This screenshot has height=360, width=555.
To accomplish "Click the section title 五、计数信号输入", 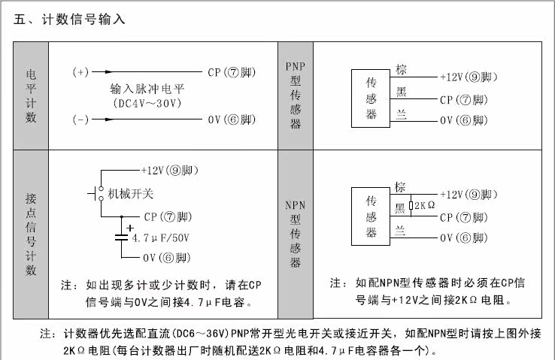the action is pos(69,19).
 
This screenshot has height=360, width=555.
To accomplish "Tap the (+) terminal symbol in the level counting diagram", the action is pos(80,72).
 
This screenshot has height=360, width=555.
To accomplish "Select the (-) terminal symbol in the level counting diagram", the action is pos(80,119).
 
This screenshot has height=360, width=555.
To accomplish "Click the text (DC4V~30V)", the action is pos(147,103).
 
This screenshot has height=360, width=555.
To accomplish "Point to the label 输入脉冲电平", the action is pos(147,89).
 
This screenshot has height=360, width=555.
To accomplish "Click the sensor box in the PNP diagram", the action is pos(371,98).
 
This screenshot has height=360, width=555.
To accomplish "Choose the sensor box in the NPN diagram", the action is pos(371,216).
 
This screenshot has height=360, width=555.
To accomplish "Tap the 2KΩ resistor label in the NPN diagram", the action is pos(424,205).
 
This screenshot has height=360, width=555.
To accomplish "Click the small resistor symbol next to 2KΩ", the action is pos(411,205).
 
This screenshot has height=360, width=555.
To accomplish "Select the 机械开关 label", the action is pos(131,194).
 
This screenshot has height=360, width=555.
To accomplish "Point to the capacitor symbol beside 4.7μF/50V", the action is pos(121,237).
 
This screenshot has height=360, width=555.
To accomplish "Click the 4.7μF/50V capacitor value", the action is pos(161,237).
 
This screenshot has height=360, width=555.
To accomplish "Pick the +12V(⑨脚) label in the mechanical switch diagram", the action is pos(169,171).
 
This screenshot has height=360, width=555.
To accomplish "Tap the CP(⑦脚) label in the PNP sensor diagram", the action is pos(464,100).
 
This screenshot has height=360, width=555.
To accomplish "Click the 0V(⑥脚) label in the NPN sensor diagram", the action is pos(464,238).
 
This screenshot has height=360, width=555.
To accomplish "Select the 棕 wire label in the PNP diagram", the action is pos(401,69).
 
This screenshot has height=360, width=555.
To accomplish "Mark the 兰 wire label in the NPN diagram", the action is pos(400,231).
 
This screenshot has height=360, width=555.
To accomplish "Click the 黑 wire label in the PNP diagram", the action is pos(401,92).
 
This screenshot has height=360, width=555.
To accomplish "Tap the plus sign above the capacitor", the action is pos(130,228).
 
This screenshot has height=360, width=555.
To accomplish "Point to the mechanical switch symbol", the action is pos(96,194).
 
